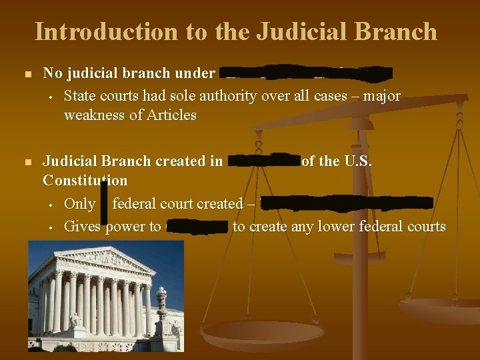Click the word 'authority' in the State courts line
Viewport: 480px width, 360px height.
pyautogui.click(x=195, y=96)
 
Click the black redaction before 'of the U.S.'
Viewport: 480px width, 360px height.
pyautogui.click(x=264, y=161)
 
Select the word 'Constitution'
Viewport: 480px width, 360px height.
pyautogui.click(x=85, y=180)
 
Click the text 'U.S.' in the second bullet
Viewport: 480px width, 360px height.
pyautogui.click(x=358, y=161)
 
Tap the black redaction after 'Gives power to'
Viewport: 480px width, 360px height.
pyautogui.click(x=197, y=227)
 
